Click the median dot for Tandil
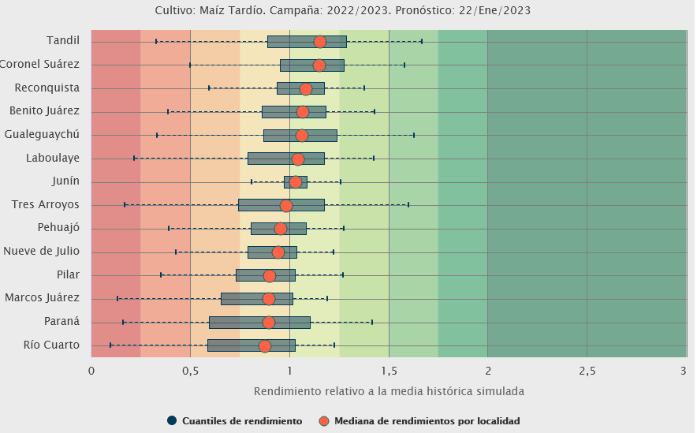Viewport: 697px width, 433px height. point(319,42)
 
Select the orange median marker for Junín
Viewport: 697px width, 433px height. point(295,182)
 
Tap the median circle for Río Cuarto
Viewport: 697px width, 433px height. point(265,346)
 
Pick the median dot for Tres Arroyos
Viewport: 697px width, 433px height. point(286,206)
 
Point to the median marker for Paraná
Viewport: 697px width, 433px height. point(269,323)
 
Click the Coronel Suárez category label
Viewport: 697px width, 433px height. point(39,64)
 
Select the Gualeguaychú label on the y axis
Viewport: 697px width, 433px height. point(42,134)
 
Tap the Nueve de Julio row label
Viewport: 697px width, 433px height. point(41,252)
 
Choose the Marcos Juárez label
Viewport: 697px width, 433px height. point(42,298)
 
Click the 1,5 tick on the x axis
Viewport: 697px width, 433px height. point(389,371)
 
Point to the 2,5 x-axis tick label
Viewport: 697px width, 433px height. point(587,371)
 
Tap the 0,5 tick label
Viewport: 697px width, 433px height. point(190,371)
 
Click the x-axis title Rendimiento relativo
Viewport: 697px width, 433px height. point(389,391)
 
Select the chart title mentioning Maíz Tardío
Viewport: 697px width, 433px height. point(348,11)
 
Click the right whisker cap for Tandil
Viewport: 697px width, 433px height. point(422,41)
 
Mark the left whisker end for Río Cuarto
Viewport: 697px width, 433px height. point(110,345)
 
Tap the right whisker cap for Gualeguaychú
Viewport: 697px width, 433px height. point(414,135)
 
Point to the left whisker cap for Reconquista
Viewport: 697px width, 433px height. point(209,88)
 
